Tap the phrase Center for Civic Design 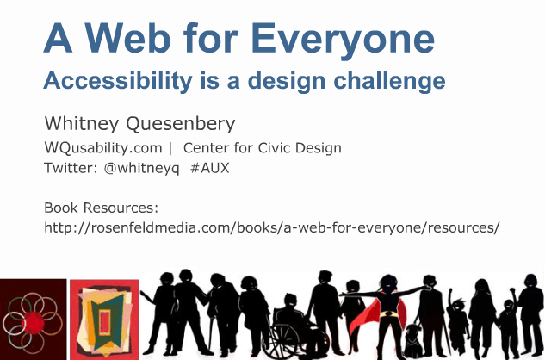coord(262,148)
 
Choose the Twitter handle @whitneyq coord(141,168)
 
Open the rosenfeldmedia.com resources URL coord(271,228)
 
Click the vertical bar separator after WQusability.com coord(170,148)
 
